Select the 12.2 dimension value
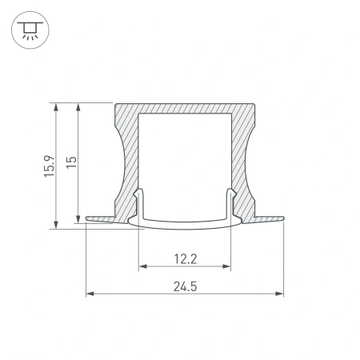pos(185,258)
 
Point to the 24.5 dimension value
pos(185,286)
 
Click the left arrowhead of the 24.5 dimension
pos(89,294)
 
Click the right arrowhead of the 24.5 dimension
pos(281,294)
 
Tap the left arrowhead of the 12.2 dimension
pos(142,266)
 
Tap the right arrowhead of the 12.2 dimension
pos(228,266)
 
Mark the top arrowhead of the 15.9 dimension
pos(55,106)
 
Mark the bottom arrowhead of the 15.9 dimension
pos(55,225)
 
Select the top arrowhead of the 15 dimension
pos(78,106)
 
